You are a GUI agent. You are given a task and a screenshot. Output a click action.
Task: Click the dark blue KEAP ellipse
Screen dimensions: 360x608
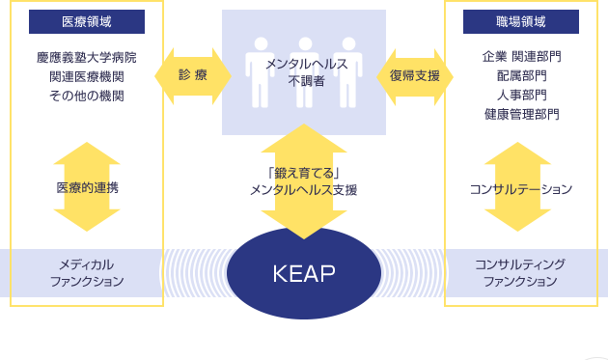[x=303, y=273]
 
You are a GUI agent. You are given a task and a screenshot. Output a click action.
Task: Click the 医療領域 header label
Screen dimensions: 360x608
[x=87, y=21]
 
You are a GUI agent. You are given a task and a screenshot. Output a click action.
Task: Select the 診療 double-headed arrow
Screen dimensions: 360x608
[x=193, y=75]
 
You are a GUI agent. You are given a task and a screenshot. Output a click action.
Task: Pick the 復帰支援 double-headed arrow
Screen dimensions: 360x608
[x=415, y=75]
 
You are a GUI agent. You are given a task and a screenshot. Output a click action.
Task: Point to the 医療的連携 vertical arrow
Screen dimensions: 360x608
[x=87, y=187]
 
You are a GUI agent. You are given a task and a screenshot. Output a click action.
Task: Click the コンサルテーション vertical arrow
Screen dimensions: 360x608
[x=518, y=187]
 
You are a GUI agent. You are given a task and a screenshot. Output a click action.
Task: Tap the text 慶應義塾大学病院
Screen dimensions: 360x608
[x=87, y=58]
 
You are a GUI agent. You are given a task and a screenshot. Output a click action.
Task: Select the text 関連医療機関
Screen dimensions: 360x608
[x=87, y=77]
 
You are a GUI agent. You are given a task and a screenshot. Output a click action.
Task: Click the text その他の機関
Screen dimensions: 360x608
[x=87, y=97]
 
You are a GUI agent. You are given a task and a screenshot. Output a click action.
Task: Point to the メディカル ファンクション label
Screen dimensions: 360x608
[x=87, y=273]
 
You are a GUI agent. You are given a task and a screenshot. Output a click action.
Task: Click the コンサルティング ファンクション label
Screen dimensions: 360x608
[x=520, y=273]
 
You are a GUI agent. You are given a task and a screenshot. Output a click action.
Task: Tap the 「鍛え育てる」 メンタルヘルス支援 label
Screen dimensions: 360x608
[x=303, y=182]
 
